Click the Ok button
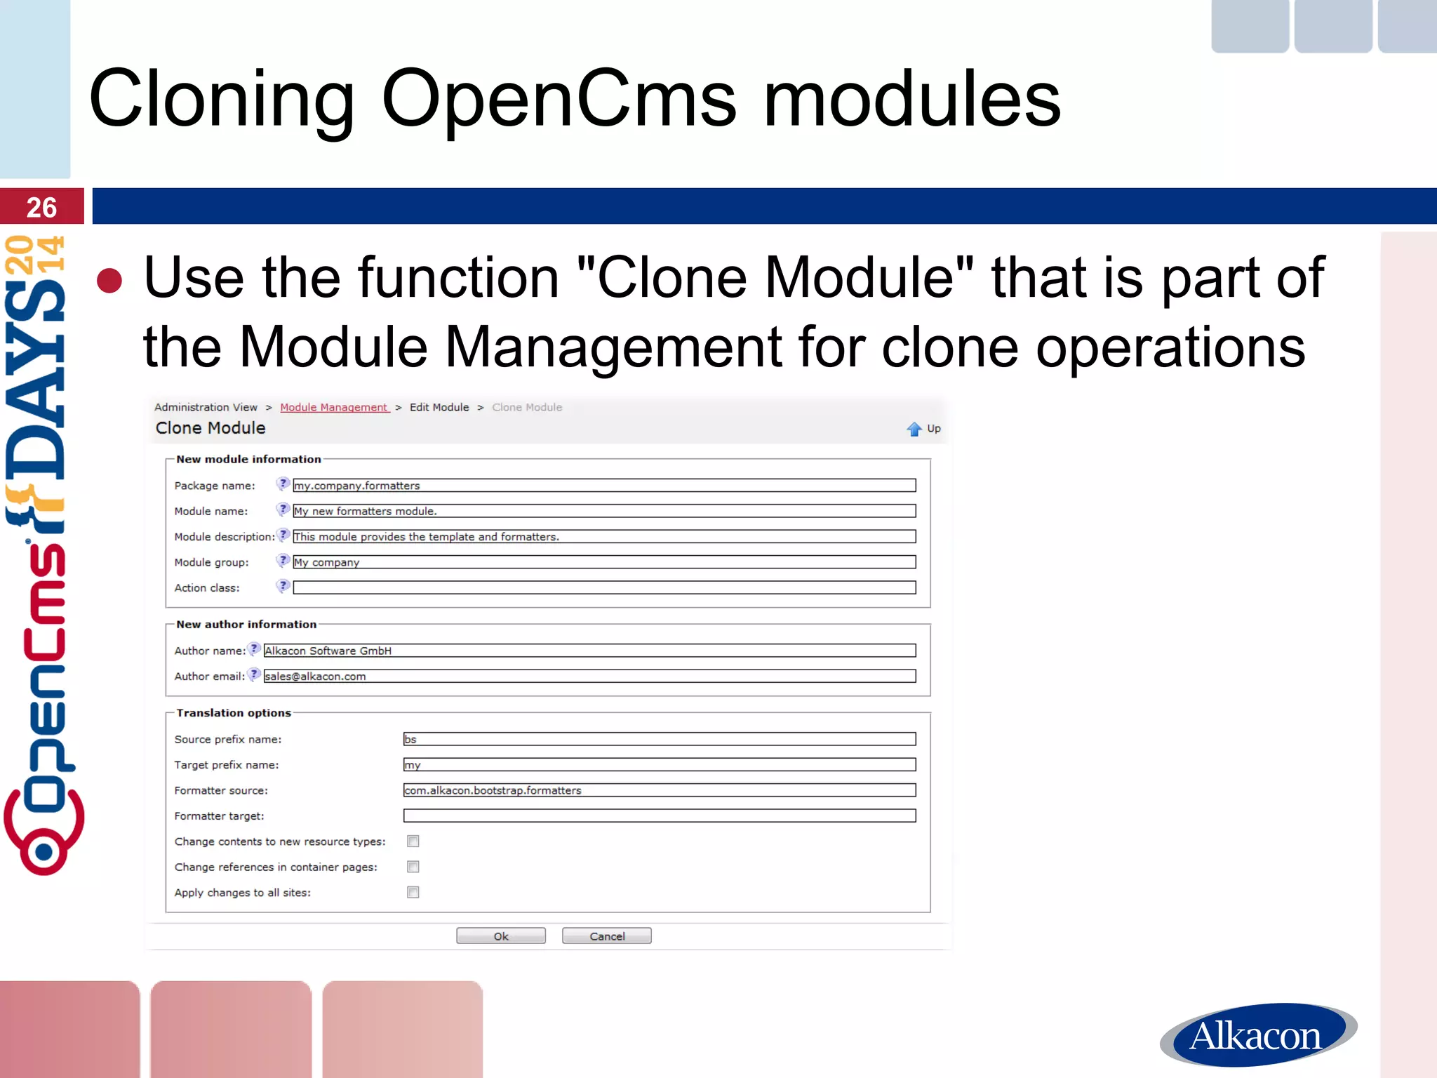500,936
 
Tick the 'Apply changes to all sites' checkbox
413,892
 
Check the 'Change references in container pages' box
413,867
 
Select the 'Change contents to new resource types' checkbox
413,841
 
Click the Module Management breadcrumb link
334,407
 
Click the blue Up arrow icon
914,429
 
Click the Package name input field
603,486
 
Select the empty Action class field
603,587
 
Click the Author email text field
589,676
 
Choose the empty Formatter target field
660,816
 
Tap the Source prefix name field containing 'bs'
660,739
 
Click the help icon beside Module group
283,561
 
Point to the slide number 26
41,207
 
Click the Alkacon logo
1257,1034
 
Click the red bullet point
109,281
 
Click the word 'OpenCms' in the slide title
559,100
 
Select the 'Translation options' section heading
234,713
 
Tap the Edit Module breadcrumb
439,407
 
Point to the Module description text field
603,537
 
